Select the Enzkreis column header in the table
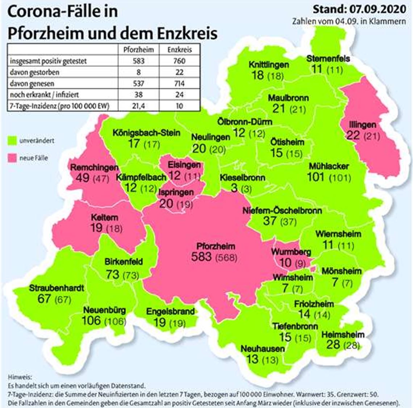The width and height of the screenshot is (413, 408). coord(179,50)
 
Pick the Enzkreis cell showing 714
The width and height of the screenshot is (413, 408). coord(179,84)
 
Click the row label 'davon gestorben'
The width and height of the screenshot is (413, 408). coord(34,72)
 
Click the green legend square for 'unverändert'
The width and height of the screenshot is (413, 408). coord(12,140)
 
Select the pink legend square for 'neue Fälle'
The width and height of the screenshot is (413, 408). coord(12,158)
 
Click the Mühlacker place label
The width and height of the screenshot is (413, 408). coord(329,167)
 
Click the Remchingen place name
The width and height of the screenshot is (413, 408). coord(94,168)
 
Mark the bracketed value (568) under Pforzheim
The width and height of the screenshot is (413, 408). coord(226,257)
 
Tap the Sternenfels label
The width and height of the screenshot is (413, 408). coord(328,58)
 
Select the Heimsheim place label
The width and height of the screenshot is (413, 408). coord(343,335)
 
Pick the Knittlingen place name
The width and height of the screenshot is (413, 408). coord(269,65)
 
